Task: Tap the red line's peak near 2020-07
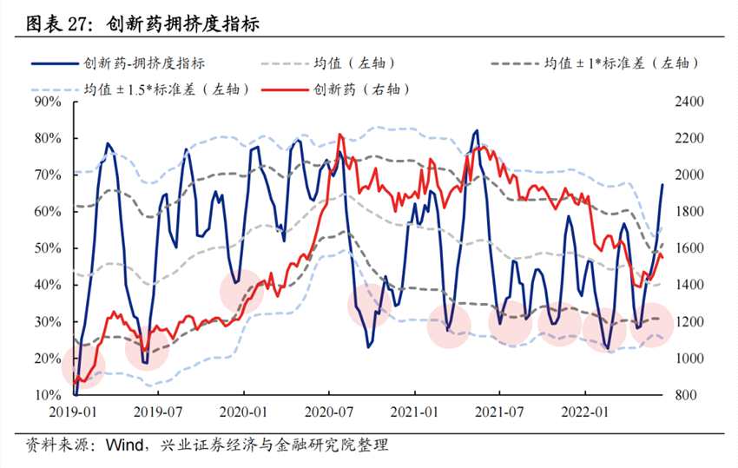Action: (339, 135)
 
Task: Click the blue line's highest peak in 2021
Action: (476, 130)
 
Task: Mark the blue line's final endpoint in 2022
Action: (662, 184)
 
